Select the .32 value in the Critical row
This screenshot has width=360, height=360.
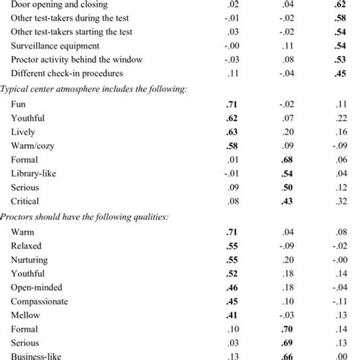(340, 204)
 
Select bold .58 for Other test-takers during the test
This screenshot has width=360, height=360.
(340, 17)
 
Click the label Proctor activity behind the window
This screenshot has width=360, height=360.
(71, 60)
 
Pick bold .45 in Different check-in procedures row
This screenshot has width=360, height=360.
(340, 74)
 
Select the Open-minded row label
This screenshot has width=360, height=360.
(38, 289)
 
